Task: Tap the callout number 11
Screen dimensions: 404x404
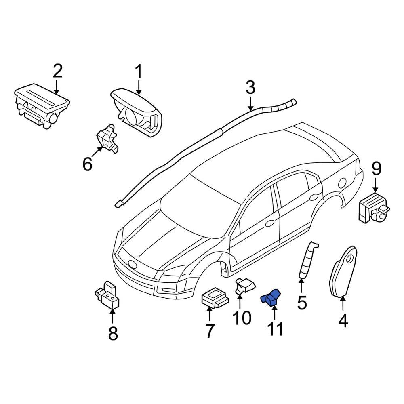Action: coord(275,329)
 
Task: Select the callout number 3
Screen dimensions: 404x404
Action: coord(250,88)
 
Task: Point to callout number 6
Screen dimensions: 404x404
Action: coord(88,164)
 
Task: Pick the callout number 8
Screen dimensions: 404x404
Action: coord(113,333)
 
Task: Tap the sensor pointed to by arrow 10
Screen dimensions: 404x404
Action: coord(244,286)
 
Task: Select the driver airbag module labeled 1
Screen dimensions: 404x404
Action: coord(137,109)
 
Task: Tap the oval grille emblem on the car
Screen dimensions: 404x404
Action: coord(133,264)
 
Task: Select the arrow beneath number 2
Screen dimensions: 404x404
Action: coord(57,86)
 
